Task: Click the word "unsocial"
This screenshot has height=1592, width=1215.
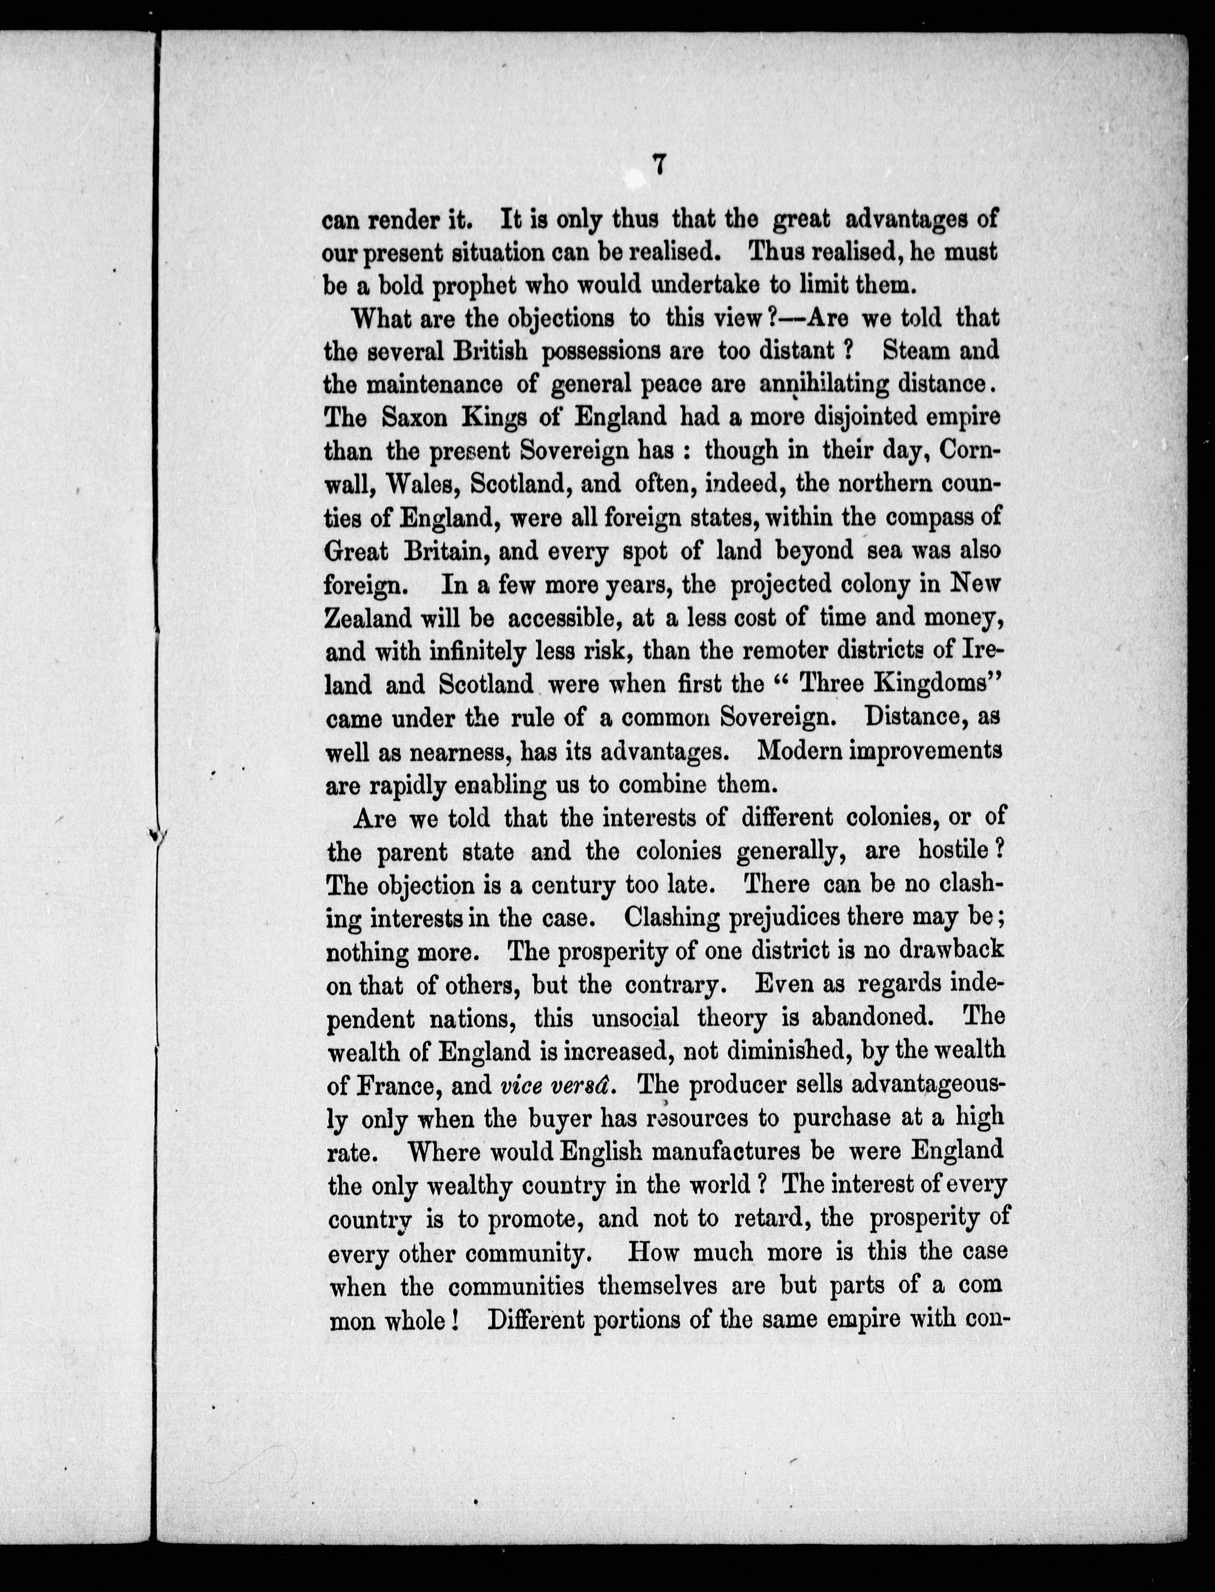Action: [635, 1018]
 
